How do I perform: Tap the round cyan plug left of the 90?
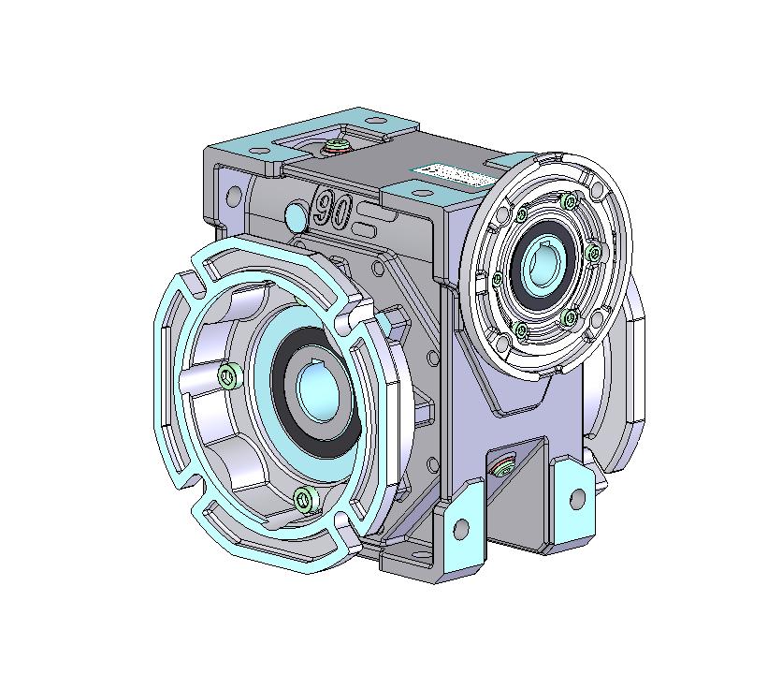tap(295, 216)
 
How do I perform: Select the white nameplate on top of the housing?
tap(447, 175)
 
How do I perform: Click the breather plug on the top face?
tap(335, 146)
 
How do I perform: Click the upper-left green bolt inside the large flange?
tap(226, 376)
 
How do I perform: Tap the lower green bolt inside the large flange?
tap(301, 499)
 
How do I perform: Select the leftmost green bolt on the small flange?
tap(496, 278)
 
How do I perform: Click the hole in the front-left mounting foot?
tap(460, 529)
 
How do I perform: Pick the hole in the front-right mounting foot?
tap(576, 497)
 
